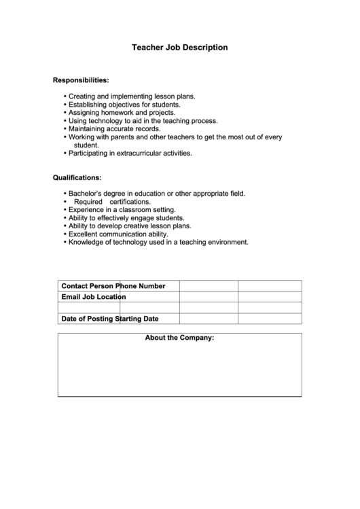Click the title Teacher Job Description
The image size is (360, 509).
[x=179, y=48]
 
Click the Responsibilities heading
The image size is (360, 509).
[x=81, y=80]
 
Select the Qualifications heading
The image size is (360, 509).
[x=77, y=178]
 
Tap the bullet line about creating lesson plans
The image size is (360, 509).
[x=132, y=96]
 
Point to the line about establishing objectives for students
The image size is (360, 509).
[x=124, y=105]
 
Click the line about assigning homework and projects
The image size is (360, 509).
[x=122, y=113]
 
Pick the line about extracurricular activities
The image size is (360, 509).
[x=130, y=153]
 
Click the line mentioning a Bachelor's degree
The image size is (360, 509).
[x=156, y=194]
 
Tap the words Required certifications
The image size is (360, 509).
[x=112, y=202]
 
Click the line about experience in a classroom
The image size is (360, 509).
[x=122, y=210]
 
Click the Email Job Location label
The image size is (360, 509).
[x=93, y=297]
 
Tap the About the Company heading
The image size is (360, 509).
[x=179, y=338]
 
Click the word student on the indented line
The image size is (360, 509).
[x=86, y=145]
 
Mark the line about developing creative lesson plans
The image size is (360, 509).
[x=130, y=226]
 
